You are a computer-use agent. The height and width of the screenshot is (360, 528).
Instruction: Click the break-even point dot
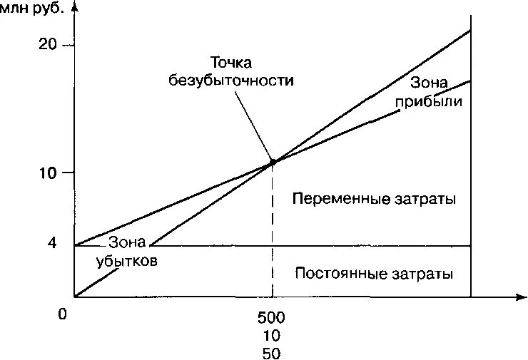click(x=273, y=163)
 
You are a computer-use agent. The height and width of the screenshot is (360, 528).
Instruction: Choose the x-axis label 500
click(x=272, y=317)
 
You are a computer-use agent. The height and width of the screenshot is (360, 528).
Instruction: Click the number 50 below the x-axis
click(x=272, y=353)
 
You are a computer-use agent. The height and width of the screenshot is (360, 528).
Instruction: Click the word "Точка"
click(x=231, y=63)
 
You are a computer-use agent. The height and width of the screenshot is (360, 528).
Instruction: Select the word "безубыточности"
click(x=231, y=80)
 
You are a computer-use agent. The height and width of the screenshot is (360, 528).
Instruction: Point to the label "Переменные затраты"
click(x=374, y=198)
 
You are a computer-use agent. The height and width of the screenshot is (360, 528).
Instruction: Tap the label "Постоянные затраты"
click(x=374, y=274)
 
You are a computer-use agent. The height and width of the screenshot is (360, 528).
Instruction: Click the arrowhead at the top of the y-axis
click(x=75, y=7)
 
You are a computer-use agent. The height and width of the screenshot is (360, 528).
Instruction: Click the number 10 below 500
click(x=272, y=335)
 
